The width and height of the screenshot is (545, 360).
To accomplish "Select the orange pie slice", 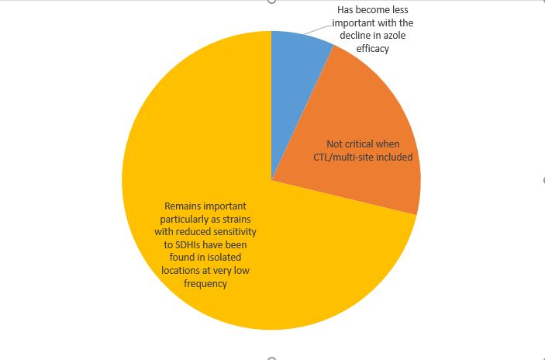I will (364, 116).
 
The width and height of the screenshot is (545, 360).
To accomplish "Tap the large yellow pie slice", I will (233, 256).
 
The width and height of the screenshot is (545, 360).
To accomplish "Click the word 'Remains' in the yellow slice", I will (182, 207).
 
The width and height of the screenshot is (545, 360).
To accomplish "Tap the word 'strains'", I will (240, 220).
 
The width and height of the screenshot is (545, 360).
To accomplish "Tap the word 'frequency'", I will (206, 283).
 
